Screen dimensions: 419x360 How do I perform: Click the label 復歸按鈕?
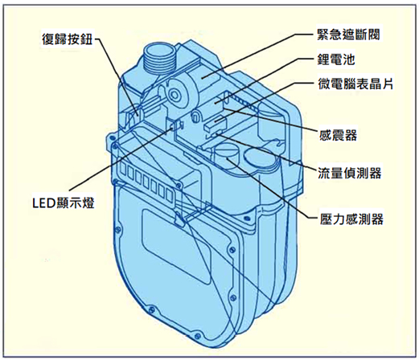point(67,39)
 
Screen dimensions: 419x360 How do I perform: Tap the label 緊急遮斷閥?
point(348,35)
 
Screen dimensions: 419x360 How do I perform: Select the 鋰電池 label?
point(335,59)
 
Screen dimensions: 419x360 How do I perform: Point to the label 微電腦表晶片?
point(355,84)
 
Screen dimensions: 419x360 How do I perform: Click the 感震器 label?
point(338,135)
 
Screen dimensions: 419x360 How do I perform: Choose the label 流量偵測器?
point(349,173)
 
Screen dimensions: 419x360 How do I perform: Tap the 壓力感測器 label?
point(351,219)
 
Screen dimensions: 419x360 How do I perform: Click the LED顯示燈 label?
point(64,203)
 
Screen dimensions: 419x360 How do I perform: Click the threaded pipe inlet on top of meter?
point(160,58)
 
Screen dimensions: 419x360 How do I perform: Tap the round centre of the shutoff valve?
point(175,94)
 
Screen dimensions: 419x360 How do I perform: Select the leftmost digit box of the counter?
point(124,170)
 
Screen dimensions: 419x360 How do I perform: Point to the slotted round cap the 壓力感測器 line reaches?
point(226,157)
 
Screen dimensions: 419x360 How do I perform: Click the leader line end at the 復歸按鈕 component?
point(138,115)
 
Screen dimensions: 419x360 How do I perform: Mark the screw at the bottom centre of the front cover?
point(198,335)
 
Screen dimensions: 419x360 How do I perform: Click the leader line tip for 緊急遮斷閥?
point(202,78)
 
